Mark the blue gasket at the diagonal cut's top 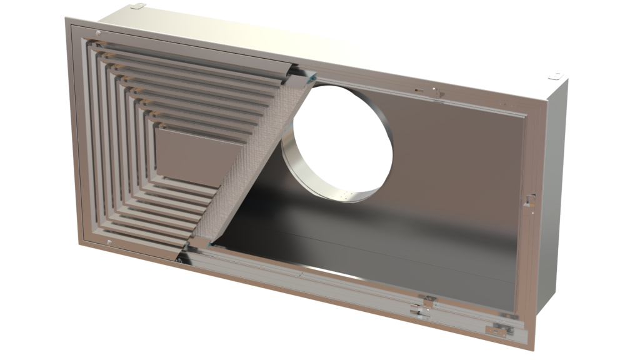[309, 77]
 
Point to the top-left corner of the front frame [67, 20]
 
